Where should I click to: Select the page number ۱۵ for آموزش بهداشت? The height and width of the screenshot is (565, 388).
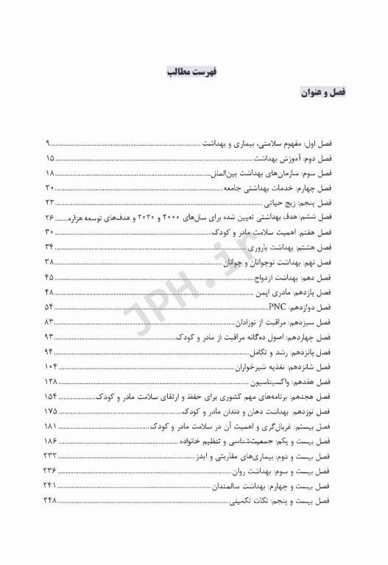[49, 157]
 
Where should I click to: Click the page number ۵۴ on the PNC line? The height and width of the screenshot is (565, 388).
[49, 306]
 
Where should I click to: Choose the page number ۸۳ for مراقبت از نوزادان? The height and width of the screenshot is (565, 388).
[49, 321]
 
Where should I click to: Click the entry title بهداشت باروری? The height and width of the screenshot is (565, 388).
[281, 246]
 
